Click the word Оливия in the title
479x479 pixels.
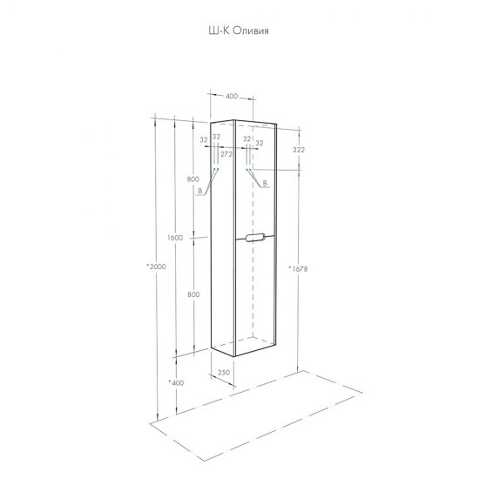251,30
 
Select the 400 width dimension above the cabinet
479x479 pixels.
232,96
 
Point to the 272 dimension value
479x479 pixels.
226,154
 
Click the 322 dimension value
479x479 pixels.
299,150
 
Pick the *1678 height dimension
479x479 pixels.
298,269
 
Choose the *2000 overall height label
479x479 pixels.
156,266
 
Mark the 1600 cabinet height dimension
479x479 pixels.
175,238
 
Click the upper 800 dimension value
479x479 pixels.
193,179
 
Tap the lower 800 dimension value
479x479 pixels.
193,294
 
